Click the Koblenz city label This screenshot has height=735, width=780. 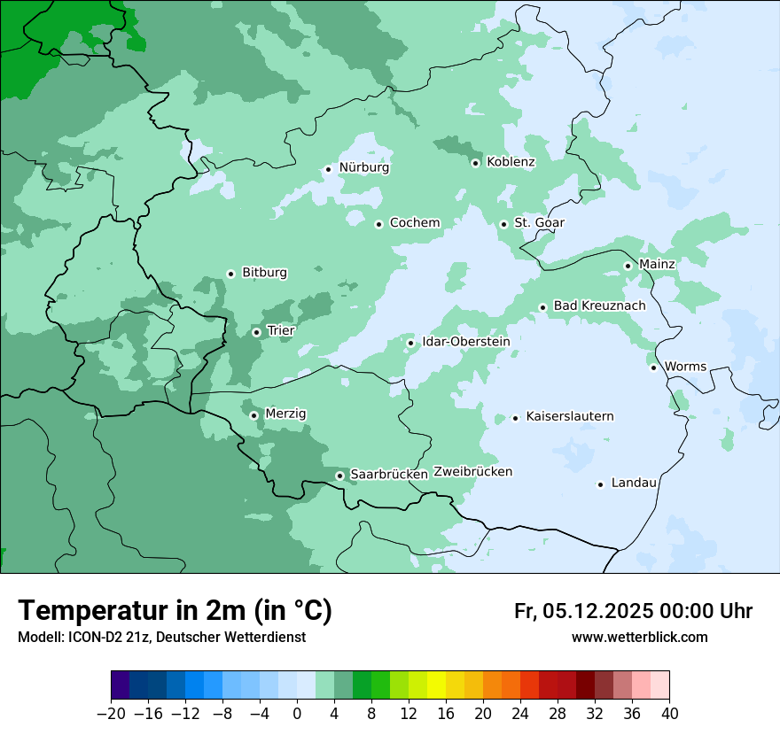pyautogui.click(x=511, y=162)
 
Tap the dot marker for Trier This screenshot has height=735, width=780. pyautogui.click(x=256, y=333)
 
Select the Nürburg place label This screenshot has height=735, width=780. pyautogui.click(x=363, y=167)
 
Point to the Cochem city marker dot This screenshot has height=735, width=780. pyautogui.click(x=378, y=224)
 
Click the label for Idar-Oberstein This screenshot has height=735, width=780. pyautogui.click(x=465, y=342)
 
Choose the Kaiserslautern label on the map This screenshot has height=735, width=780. pyautogui.click(x=569, y=416)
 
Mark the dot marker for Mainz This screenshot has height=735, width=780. pyautogui.click(x=628, y=266)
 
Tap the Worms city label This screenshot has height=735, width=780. pyautogui.click(x=684, y=367)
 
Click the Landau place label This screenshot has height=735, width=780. pyautogui.click(x=634, y=483)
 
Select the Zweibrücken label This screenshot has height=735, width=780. pyautogui.click(x=472, y=472)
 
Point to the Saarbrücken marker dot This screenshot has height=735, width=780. pyautogui.click(x=339, y=476)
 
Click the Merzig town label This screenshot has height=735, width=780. pyautogui.click(x=285, y=414)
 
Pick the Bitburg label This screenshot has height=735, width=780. pyautogui.click(x=264, y=273)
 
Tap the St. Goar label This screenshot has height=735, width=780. pyautogui.click(x=539, y=223)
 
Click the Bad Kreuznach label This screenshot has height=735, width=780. pyautogui.click(x=599, y=306)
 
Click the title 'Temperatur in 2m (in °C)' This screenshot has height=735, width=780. pyautogui.click(x=175, y=611)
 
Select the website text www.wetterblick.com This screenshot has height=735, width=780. pyautogui.click(x=639, y=638)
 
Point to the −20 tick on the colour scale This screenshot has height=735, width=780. pyautogui.click(x=112, y=714)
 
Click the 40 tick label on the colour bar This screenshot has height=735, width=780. pyautogui.click(x=669, y=714)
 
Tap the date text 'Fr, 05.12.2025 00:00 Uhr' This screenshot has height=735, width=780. pyautogui.click(x=633, y=611)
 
